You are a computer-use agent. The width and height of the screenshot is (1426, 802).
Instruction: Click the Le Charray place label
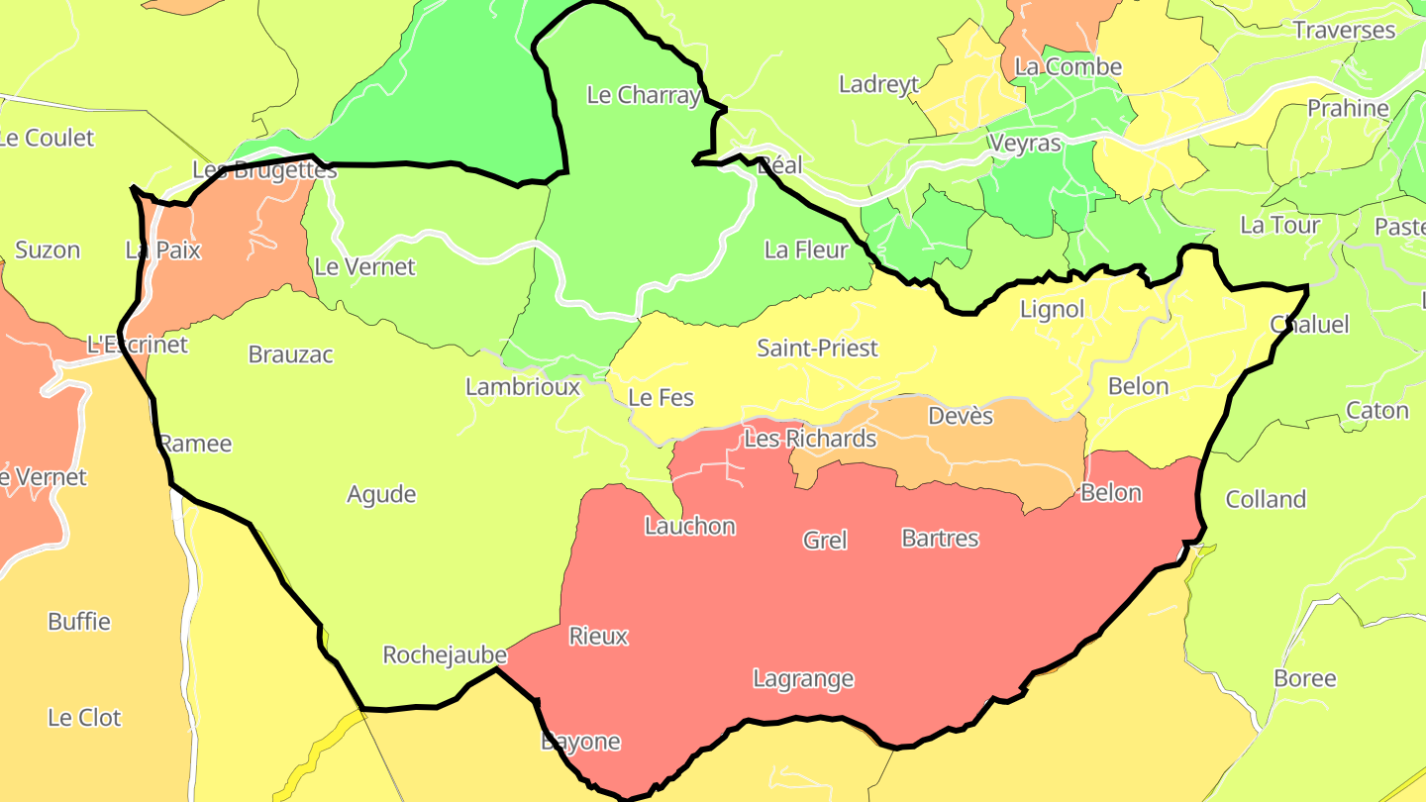[644, 96]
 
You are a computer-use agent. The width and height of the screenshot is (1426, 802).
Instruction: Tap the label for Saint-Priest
[817, 349]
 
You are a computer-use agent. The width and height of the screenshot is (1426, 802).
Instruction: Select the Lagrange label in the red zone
[803, 679]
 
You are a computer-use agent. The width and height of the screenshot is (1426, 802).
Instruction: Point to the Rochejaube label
[445, 655]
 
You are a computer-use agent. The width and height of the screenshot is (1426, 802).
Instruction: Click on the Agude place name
[381, 495]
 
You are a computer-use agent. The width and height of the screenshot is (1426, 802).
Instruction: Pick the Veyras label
[1025, 144]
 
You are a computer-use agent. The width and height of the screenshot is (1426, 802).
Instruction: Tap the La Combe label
[1069, 67]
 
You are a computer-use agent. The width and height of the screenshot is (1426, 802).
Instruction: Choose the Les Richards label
[810, 439]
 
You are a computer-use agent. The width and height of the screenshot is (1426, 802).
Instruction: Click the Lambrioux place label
[523, 387]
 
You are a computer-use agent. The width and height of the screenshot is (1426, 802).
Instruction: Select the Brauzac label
[291, 354]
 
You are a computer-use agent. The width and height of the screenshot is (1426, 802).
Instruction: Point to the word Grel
[825, 541]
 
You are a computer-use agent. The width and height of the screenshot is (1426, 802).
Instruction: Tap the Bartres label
[940, 539]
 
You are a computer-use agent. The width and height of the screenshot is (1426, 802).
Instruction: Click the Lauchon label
[690, 527]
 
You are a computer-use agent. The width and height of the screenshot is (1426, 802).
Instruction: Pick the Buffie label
[79, 623]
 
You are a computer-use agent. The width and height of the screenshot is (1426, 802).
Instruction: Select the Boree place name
[1304, 679]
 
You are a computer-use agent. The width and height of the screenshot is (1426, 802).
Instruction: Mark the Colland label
[1266, 500]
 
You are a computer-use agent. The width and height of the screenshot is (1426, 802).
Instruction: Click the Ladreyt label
[878, 84]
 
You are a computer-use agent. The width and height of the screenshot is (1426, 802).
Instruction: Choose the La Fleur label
[806, 251]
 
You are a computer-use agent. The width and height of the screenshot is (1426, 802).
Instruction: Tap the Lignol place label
[1052, 310]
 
